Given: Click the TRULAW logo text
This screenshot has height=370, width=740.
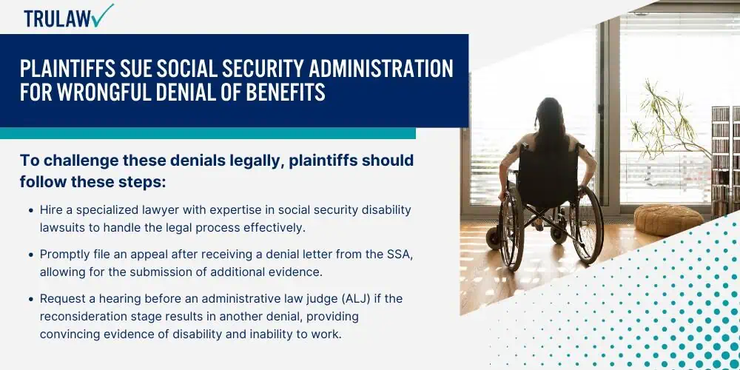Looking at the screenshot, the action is (58, 19).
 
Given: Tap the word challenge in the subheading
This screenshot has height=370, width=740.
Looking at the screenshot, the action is (81, 161).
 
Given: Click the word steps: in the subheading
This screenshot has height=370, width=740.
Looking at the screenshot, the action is (140, 182).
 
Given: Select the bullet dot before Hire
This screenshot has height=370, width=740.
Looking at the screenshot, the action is (31, 211).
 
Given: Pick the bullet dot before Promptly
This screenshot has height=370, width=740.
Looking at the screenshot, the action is (31, 255).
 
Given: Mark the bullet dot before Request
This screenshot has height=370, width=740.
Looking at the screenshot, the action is (31, 300).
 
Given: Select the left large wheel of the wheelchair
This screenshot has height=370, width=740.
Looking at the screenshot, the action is (511, 229).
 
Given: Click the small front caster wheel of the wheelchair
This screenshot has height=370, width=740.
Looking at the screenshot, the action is (493, 239).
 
